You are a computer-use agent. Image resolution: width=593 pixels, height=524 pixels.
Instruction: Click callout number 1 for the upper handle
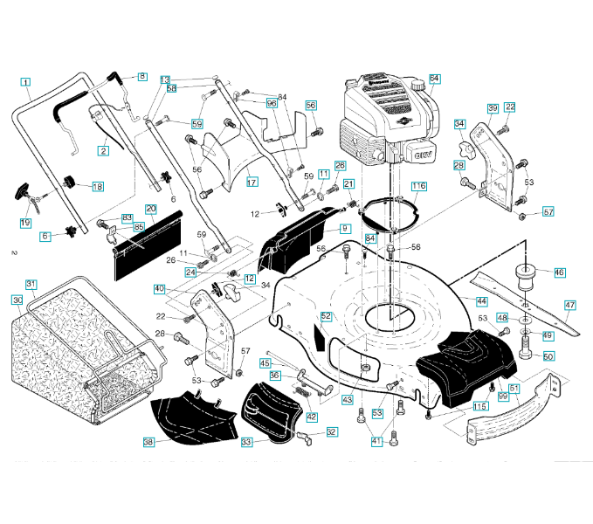point(26,84)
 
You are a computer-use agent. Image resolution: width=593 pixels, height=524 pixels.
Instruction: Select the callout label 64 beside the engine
point(434,79)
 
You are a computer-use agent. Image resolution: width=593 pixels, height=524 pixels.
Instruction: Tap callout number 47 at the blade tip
point(569,306)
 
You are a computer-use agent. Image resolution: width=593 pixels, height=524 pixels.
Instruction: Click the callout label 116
point(419,187)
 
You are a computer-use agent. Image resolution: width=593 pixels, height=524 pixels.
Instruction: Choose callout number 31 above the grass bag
point(31,285)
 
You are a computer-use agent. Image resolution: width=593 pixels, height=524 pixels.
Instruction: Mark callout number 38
point(148,443)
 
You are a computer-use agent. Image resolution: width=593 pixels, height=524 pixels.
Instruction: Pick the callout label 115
point(479,407)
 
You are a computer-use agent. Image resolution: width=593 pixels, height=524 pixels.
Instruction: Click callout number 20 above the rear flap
point(151,210)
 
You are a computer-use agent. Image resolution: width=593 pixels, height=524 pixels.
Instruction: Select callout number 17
point(252,183)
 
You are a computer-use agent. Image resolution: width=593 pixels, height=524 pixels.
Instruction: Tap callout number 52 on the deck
point(326,315)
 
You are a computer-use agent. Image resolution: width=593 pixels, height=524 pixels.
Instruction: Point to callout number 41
point(376,441)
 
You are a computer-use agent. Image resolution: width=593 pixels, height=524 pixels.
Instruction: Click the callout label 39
point(493,108)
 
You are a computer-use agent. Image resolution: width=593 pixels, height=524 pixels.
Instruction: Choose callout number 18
point(97,187)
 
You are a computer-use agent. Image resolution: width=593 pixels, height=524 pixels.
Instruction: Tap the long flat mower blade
point(515,301)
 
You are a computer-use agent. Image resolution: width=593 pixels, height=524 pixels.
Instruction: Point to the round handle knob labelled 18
point(69,183)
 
